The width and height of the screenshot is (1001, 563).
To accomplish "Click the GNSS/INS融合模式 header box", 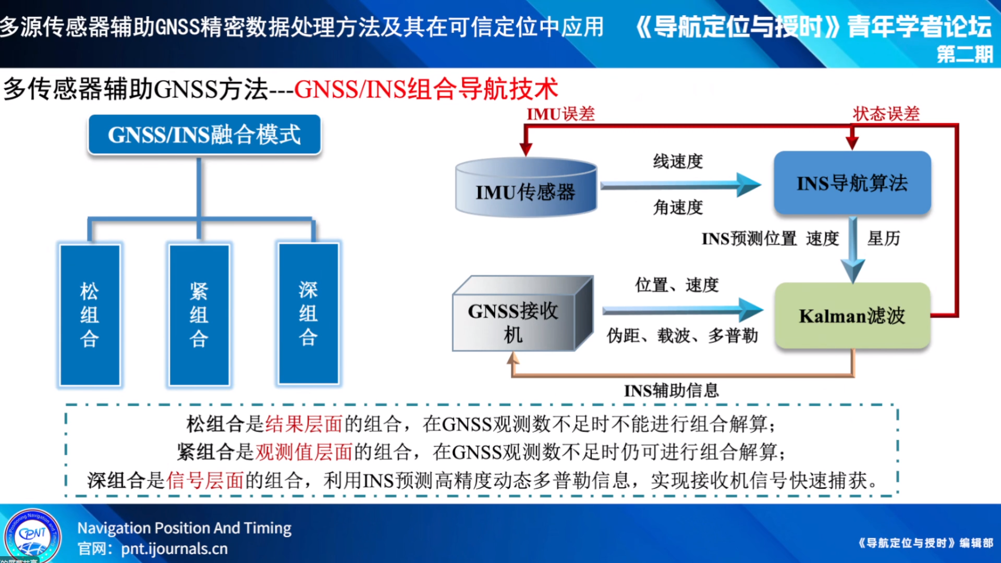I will tap(204, 134).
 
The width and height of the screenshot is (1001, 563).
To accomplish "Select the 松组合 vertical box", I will tap(90, 315).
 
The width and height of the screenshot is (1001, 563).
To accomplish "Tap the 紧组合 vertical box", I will tap(199, 315).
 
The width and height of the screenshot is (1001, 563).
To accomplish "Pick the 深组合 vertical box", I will tap(308, 314).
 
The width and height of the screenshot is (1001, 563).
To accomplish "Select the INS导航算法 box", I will tap(852, 183).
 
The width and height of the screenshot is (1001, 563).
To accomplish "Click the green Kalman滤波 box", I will tap(852, 316).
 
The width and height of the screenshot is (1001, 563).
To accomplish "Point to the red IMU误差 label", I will tap(560, 114).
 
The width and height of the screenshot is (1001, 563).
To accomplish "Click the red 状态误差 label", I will tap(886, 114).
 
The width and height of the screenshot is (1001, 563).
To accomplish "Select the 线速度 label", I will tap(678, 162).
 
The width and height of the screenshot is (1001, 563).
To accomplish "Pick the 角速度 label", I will tap(678, 207).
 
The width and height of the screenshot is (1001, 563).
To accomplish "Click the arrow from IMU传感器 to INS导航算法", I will tap(678, 185).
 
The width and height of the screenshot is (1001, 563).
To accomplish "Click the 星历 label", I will tap(883, 238).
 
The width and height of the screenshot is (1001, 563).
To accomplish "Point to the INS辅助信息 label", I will tap(671, 390).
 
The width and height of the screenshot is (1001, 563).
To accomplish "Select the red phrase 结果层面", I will tap(303, 424).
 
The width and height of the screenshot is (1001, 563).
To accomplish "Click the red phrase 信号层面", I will tap(205, 480).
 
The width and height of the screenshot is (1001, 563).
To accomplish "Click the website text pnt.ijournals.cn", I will tap(174, 549).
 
